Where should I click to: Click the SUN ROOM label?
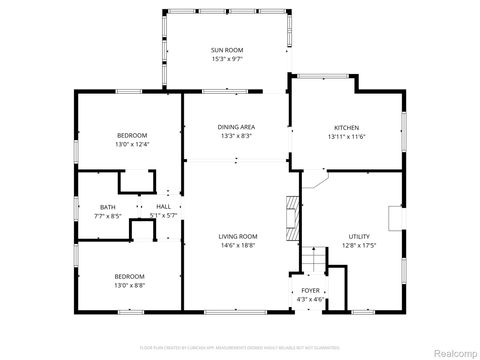coord(227,50)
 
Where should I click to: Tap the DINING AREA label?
coord(236,127)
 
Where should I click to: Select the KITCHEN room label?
coord(346,127)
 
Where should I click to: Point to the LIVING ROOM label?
coord(238,236)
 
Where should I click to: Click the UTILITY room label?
coord(359,236)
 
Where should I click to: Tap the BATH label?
coord(80,207)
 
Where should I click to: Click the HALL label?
coord(163,207)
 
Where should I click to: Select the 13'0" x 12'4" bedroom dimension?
coord(132,144)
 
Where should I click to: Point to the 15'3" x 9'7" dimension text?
coord(227,59)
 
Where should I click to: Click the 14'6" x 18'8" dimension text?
coord(238,245)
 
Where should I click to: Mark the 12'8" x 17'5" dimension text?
coord(359,245)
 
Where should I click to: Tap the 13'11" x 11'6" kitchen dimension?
coord(346,136)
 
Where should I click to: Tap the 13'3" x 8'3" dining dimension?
coord(236,136)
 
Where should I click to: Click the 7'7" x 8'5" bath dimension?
coord(80,215)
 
